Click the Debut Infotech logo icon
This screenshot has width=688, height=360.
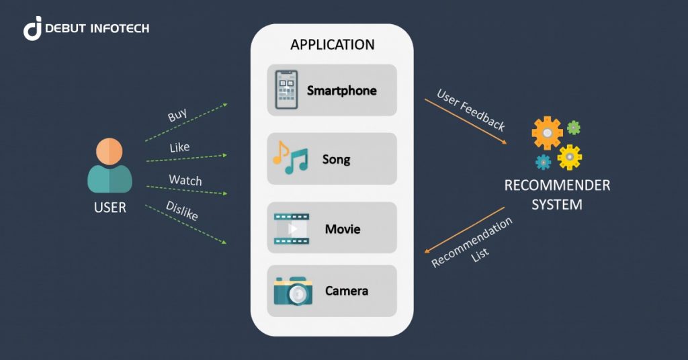tap(33, 28)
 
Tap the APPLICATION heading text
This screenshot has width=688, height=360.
tap(332, 45)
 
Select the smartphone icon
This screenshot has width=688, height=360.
tap(286, 90)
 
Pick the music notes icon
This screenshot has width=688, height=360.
tap(290, 158)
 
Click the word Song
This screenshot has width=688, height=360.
tap(336, 160)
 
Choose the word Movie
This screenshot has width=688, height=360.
tap(343, 229)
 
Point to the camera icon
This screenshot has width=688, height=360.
tap(292, 291)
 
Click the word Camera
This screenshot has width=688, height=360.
tap(346, 291)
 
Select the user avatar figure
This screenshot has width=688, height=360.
tap(110, 165)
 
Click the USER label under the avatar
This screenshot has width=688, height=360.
tap(110, 208)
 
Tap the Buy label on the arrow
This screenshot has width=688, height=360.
tap(177, 115)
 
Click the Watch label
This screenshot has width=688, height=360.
tap(185, 180)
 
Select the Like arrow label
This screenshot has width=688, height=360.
tap(179, 147)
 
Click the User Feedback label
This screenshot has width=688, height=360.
tap(471, 109)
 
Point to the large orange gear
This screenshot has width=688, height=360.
tap(547, 133)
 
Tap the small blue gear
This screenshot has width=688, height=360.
tap(543, 162)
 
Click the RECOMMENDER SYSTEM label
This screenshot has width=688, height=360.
tap(557, 194)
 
